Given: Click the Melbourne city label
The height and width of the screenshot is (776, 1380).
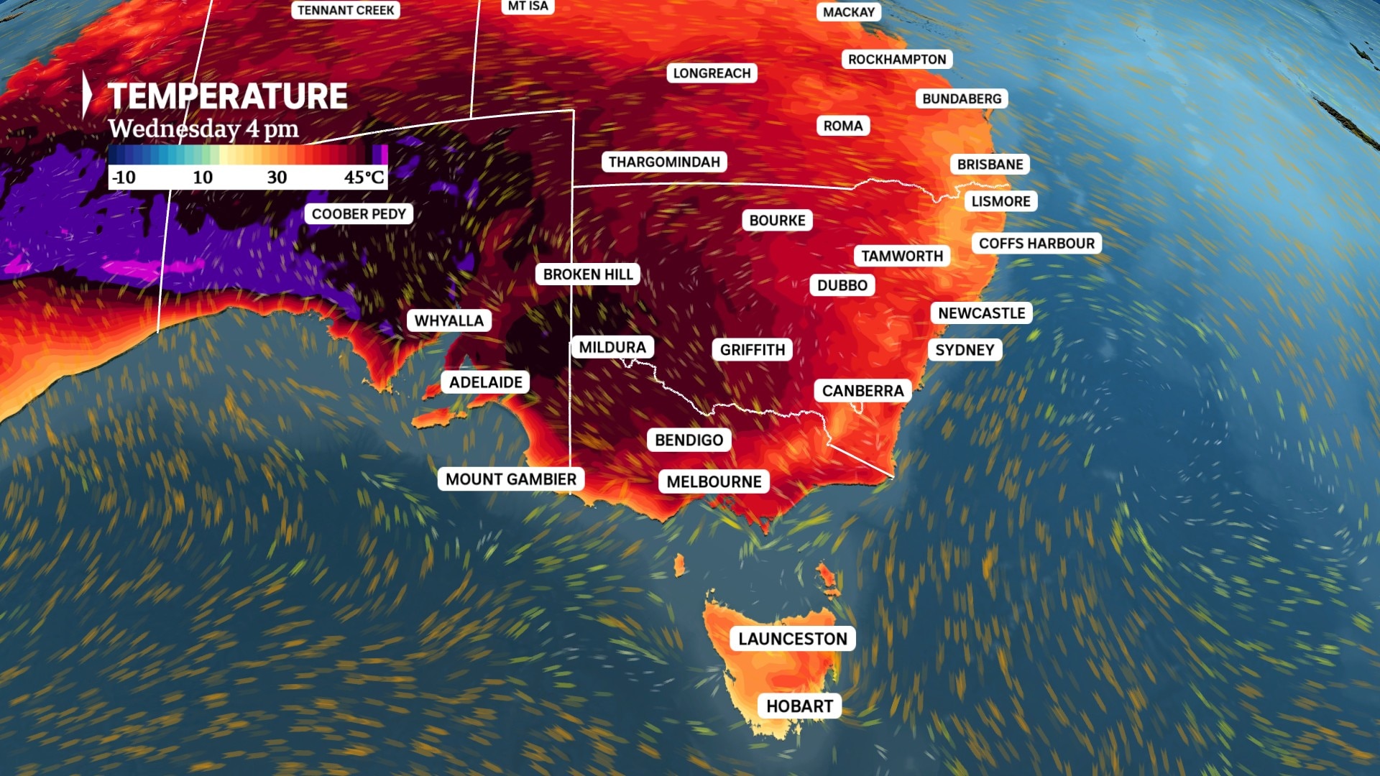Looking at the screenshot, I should click(714, 481).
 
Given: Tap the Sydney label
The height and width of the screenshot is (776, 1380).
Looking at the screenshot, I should click(965, 350).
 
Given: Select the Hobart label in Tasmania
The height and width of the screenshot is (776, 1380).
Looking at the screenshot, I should click(799, 706).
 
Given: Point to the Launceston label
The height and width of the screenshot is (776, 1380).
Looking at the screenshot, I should click(792, 639).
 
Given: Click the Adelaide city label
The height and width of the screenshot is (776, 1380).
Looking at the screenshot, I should click(486, 382).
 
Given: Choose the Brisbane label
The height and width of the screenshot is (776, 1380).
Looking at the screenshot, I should click(990, 165).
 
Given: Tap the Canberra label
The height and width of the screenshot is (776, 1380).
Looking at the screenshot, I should click(862, 391).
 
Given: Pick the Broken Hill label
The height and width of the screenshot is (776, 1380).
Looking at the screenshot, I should click(588, 274).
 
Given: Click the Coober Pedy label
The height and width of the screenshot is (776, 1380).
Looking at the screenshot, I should click(359, 214).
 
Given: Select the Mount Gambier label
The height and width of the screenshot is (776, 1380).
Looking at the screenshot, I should click(510, 479).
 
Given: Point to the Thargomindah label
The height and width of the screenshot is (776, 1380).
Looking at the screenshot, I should click(664, 162).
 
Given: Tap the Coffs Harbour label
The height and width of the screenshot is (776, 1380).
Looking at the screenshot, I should click(1036, 244).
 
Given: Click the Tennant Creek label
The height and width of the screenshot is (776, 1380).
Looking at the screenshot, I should click(346, 10).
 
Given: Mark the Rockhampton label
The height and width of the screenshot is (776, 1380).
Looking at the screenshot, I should click(897, 60).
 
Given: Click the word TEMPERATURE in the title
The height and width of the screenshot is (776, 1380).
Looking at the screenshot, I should click(227, 96).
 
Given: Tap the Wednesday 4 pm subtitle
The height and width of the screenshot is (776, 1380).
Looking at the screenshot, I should click(203, 129).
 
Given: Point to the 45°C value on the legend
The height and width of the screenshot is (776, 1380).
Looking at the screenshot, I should click(364, 177).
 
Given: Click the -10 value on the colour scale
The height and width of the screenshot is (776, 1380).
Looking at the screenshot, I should click(124, 177).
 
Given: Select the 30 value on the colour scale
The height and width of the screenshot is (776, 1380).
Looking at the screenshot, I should click(277, 177).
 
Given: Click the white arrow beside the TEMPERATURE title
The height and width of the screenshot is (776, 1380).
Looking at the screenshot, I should click(87, 94).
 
